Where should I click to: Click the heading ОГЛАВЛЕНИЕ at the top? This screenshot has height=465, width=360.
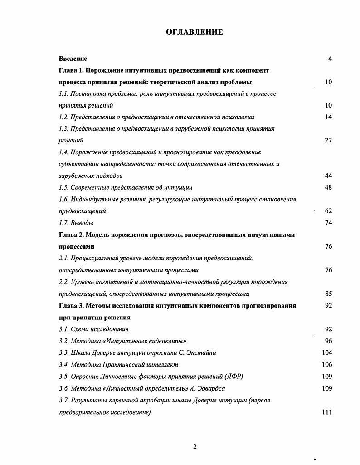pyautogui.click(x=195, y=32)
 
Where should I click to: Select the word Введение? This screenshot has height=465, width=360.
pyautogui.click(x=73, y=59)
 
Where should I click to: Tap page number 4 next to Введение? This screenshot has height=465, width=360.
pyautogui.click(x=330, y=59)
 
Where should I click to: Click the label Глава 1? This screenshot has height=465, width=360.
pyautogui.click(x=71, y=70)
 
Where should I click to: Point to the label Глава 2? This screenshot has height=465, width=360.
pyautogui.click(x=71, y=235)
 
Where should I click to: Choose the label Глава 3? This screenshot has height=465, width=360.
pyautogui.click(x=71, y=305)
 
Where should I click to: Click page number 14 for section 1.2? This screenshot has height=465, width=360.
pyautogui.click(x=328, y=117)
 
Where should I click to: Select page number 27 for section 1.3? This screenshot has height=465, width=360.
pyautogui.click(x=328, y=141)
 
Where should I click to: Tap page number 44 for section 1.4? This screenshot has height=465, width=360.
pyautogui.click(x=328, y=176)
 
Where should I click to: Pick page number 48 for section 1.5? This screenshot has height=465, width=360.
pyautogui.click(x=328, y=187)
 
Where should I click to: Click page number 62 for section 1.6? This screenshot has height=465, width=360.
pyautogui.click(x=328, y=211)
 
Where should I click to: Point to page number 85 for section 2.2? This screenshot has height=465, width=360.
pyautogui.click(x=328, y=294)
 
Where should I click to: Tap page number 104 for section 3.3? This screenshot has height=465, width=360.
pyautogui.click(x=326, y=352)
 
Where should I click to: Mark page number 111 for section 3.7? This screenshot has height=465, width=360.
pyautogui.click(x=326, y=412)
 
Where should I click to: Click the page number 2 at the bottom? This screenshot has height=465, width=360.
pyautogui.click(x=195, y=447)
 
